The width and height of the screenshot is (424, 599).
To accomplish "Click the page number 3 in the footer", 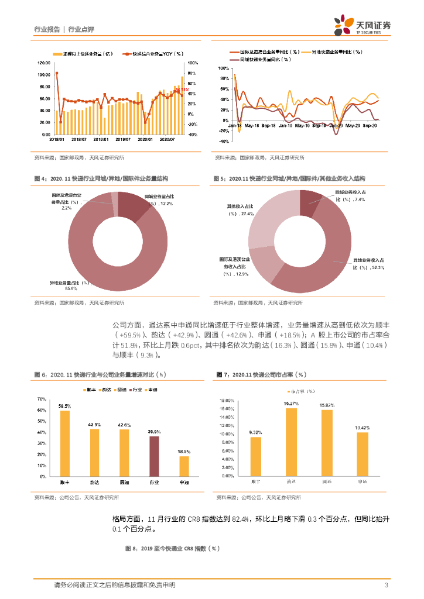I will (387, 585).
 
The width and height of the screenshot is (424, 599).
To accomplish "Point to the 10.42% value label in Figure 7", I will (363, 428).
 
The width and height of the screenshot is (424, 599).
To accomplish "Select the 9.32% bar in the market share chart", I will (255, 456).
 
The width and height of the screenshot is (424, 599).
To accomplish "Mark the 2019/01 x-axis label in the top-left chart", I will (101, 139).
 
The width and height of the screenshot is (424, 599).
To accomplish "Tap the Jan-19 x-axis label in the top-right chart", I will (285, 125).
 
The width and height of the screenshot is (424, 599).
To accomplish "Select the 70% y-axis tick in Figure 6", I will (42, 399).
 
